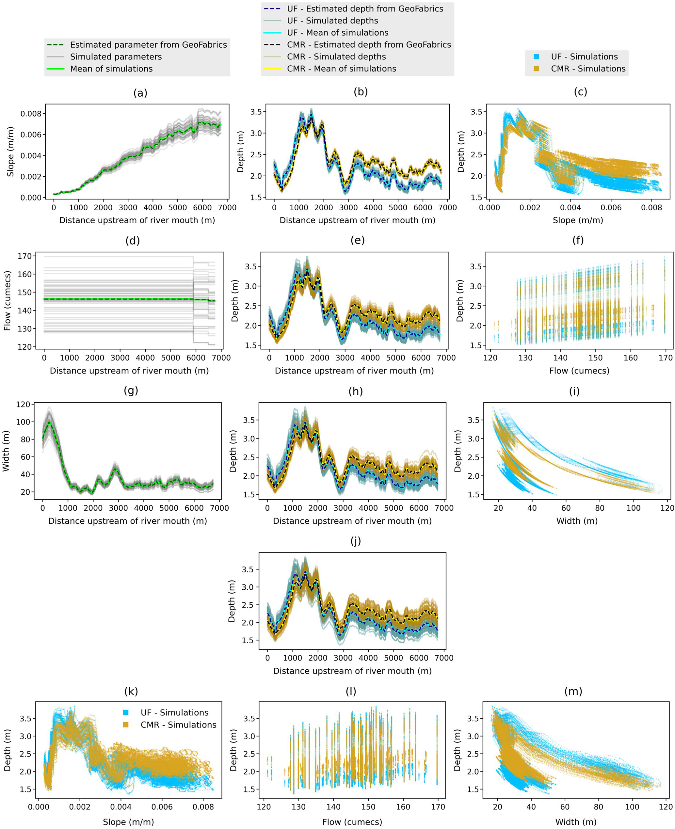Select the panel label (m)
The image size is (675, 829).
(x=573, y=692)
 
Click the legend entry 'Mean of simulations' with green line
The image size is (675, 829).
(x=111, y=69)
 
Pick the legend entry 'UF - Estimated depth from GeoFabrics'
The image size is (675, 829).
(x=365, y=8)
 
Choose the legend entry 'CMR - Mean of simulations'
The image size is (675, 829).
(x=341, y=69)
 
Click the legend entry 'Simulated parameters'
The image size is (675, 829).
(x=116, y=57)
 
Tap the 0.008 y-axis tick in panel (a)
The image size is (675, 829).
(x=31, y=114)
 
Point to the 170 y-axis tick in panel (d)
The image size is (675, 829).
(x=24, y=256)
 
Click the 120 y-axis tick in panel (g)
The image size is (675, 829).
(x=23, y=405)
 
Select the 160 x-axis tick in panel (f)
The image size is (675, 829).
(x=630, y=358)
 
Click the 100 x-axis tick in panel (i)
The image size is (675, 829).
(x=634, y=508)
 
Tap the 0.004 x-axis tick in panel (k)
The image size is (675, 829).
(x=121, y=807)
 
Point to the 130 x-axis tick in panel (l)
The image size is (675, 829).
(x=298, y=807)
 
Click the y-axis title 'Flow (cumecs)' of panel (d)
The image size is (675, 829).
(x=8, y=301)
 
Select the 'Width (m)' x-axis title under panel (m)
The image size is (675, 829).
(x=575, y=822)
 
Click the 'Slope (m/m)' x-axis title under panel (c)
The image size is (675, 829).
(x=578, y=220)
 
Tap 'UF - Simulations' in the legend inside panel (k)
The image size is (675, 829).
(x=174, y=713)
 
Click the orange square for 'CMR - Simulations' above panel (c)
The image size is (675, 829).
(x=536, y=69)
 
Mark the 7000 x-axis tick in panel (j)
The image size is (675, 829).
(x=444, y=658)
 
